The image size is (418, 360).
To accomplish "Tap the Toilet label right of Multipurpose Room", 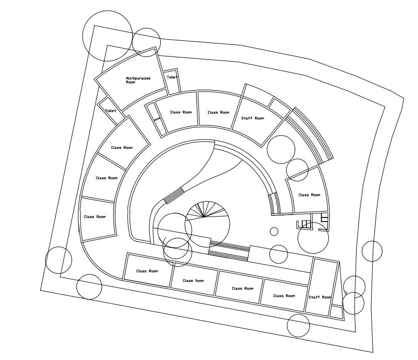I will coord(172,78).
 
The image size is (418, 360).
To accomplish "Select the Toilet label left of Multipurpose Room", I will coord(110,110).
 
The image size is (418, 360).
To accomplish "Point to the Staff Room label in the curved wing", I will coord(252,118).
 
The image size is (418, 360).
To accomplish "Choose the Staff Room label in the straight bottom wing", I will coord(320,298).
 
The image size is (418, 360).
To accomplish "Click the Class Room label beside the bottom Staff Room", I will coord(284,296).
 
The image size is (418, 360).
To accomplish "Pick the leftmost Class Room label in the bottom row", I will coord(147,271).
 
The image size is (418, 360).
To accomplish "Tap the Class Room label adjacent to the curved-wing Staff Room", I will coord(219,112).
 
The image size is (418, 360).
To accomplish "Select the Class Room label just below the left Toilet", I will coord(122,148).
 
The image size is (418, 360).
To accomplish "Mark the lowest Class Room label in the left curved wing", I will coord(95,217).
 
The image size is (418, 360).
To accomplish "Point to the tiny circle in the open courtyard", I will coord(274,232).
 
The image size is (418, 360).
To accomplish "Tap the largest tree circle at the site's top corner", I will coord(107,34).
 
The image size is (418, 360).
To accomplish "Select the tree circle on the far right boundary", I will coord(372,251).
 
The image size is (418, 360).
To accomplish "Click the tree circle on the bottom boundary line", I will coord(298,325).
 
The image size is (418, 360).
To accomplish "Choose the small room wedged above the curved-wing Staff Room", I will coord(278,106).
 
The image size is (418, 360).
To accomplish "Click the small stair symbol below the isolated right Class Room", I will coord(304,225).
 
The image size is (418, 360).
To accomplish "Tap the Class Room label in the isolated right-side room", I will coord(309,195).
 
